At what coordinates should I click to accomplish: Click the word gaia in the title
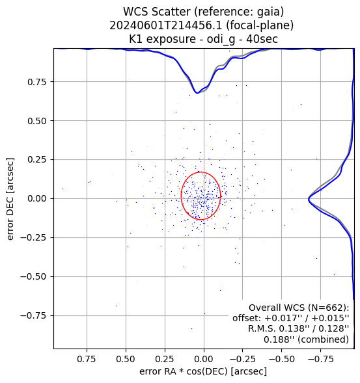tap(270, 12)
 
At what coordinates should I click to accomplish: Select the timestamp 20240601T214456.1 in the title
tap(166, 25)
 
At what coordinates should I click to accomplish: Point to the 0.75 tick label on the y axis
tap(36, 82)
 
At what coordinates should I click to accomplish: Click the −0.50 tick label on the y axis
tap(33, 277)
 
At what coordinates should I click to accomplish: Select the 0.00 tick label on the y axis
tap(36, 198)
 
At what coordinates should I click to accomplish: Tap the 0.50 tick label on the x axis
tap(126, 360)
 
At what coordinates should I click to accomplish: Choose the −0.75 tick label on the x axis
tap(321, 360)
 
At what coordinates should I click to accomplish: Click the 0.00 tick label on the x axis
tap(204, 360)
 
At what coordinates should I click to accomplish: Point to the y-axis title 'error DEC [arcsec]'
tap(10, 199)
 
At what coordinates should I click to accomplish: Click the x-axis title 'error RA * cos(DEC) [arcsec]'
tap(203, 371)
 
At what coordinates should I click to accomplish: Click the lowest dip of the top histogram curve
tap(197, 93)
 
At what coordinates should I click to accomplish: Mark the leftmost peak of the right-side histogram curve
tap(309, 200)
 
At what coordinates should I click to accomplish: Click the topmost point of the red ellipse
tap(201, 172)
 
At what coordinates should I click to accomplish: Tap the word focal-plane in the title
tap(260, 25)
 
